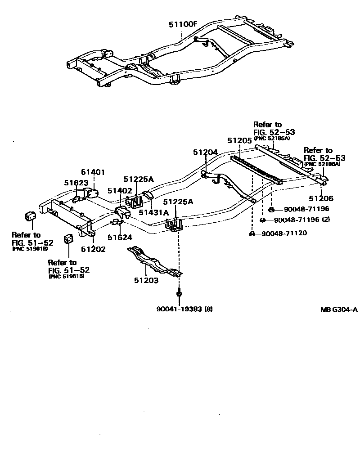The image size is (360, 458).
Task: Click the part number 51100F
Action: [x=183, y=24]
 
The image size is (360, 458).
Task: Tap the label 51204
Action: [x=206, y=153]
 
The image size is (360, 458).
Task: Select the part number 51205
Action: [x=239, y=140]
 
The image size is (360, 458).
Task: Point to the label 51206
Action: [x=321, y=198]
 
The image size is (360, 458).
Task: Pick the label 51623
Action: [x=76, y=183]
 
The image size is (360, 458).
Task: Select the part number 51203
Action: [x=146, y=280]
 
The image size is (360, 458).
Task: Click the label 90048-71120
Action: [x=283, y=233]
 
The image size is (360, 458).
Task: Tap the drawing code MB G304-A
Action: [x=339, y=309]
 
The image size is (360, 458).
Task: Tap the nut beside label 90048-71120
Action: [x=252, y=233]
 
